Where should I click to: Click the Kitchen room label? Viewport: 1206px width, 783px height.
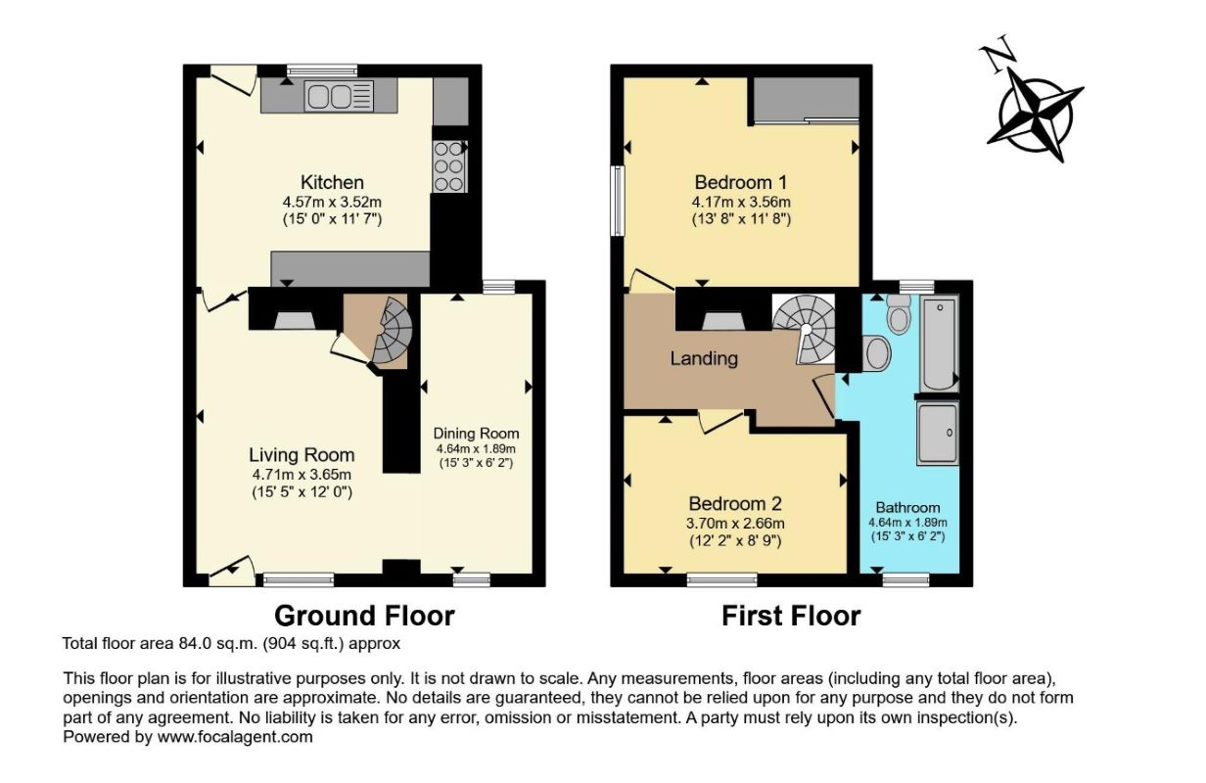(332, 182)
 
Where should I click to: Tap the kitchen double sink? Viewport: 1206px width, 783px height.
(339, 96)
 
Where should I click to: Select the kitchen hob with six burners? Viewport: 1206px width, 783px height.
(449, 166)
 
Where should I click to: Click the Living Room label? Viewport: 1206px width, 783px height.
(301, 455)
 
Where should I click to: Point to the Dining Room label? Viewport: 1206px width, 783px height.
(477, 434)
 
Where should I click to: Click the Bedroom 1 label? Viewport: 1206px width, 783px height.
(741, 182)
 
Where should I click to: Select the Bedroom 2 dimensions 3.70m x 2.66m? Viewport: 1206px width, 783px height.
(735, 523)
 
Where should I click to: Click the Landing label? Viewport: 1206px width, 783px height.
(704, 358)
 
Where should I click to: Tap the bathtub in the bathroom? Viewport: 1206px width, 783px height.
(939, 344)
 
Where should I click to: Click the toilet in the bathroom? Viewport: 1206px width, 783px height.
(899, 314)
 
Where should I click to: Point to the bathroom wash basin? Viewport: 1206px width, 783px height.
(876, 353)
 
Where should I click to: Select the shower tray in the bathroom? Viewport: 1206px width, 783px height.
(938, 434)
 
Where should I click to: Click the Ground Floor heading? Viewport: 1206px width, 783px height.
(364, 616)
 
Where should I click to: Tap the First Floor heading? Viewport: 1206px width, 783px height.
(791, 617)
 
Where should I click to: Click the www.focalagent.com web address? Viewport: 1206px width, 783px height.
(235, 737)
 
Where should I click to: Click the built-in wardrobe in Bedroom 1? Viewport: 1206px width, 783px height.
(806, 100)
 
